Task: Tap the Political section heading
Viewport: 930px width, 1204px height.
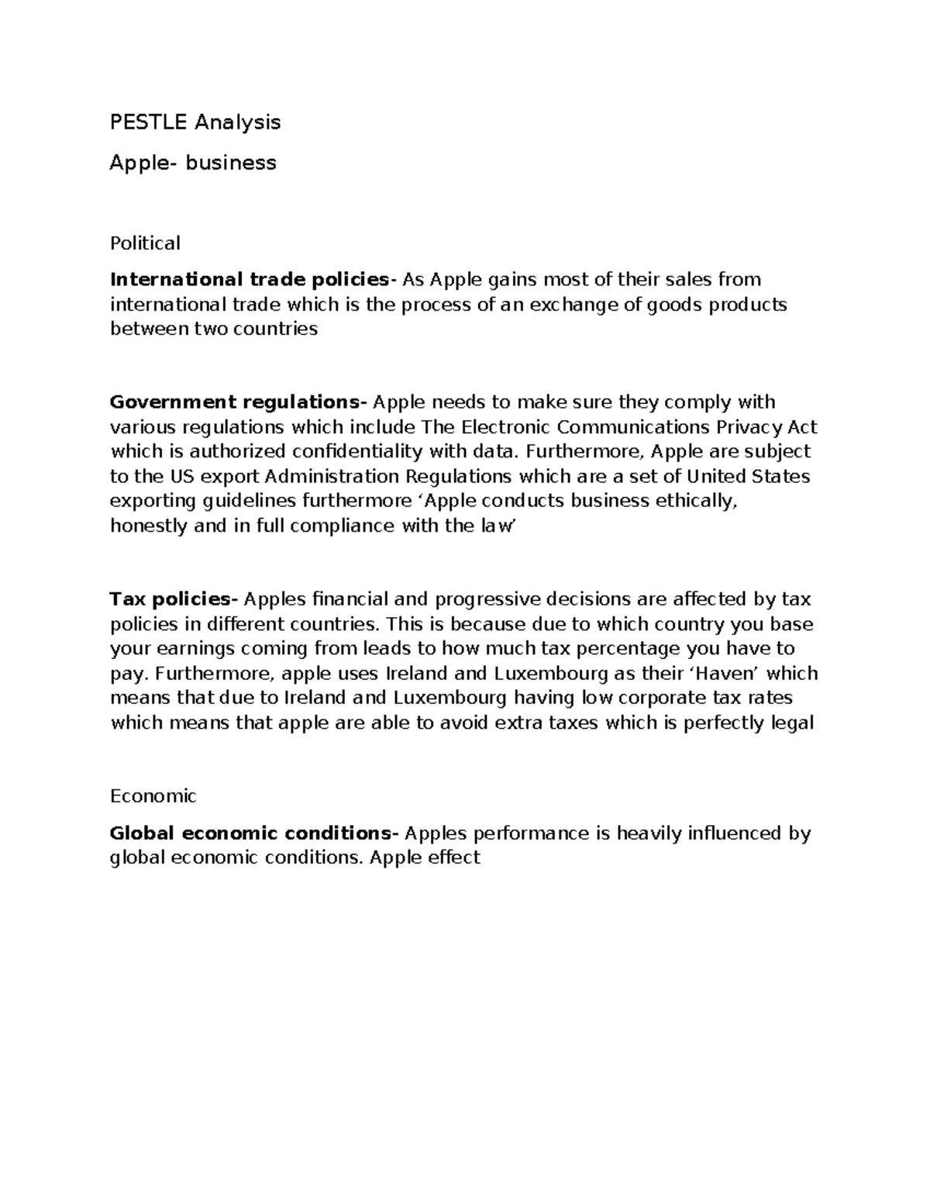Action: [x=145, y=243]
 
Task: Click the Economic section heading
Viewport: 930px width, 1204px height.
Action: [x=153, y=796]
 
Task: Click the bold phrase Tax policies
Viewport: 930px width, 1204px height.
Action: [x=171, y=599]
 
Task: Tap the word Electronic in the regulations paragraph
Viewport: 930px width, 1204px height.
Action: [x=506, y=427]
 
